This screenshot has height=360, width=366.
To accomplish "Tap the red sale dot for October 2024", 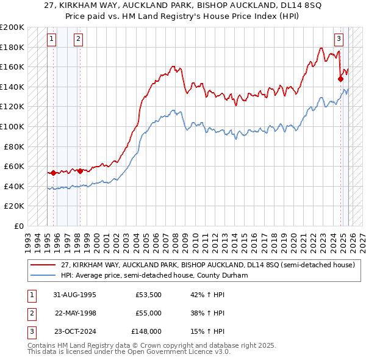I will tap(341, 79).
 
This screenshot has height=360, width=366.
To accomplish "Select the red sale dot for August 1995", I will tap(53, 173).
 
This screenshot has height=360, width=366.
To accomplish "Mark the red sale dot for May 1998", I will tap(81, 171).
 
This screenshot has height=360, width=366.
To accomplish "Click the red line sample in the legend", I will tap(43, 265).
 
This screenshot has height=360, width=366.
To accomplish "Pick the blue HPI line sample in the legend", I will tap(43, 275).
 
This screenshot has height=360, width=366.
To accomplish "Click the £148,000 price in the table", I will tap(146, 332).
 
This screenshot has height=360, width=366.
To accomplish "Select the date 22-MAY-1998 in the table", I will tap(76, 313).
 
